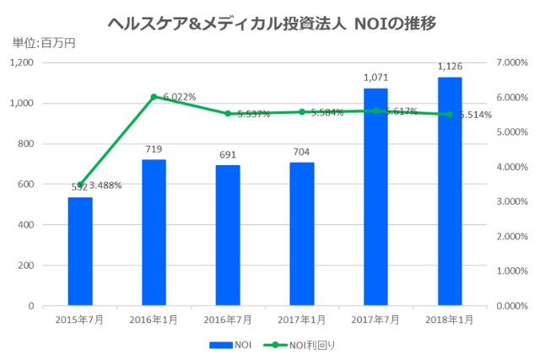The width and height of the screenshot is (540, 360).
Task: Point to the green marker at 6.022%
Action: [154, 97]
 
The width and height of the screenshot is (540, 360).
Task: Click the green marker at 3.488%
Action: [80, 185]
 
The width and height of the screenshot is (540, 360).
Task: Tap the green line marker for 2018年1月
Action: [449, 115]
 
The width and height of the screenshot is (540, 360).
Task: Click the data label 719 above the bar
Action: [154, 149]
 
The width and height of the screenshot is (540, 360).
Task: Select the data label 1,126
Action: [449, 67]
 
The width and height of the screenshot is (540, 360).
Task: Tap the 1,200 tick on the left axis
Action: [21, 63]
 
